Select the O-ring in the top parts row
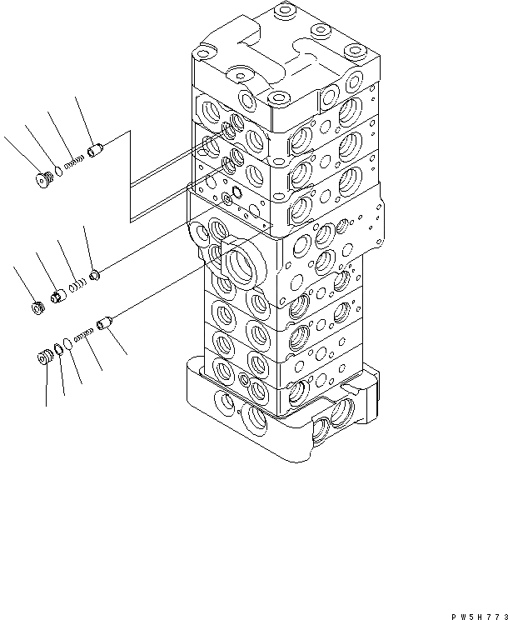(x=57, y=172)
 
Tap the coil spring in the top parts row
(x=73, y=162)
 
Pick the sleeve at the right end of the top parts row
(x=94, y=152)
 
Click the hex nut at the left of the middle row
(x=37, y=309)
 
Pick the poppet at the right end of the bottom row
(x=104, y=322)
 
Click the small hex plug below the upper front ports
(x=237, y=196)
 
